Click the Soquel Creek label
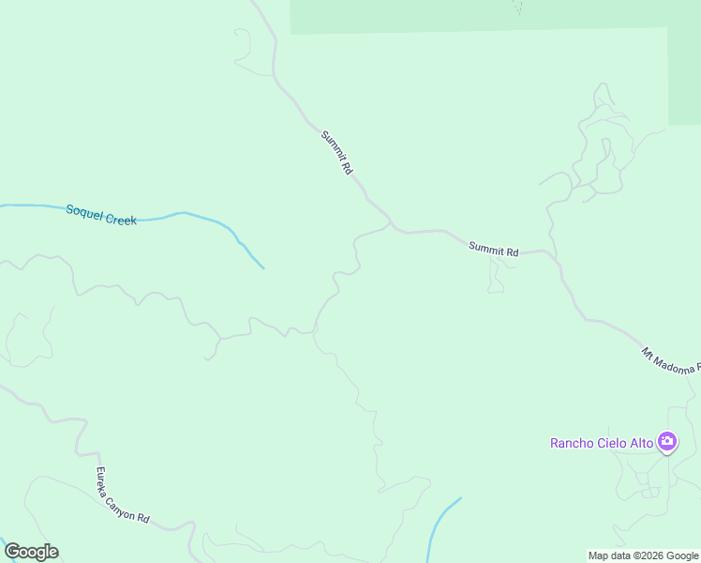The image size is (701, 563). coord(101,215)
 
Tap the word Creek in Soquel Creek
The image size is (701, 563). coord(121,219)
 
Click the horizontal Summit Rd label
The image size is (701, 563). coord(494,250)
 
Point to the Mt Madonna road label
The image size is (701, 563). coord(669,363)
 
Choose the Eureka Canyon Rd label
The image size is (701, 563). coord(123,495)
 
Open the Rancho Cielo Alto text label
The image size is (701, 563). coord(603,443)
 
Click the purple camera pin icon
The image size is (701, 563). coord(667,442)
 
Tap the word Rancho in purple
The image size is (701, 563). coord(572,443)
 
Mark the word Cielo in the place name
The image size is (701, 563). coord(610,443)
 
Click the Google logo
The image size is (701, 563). coord(31,552)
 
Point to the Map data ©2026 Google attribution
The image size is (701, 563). coord(643,555)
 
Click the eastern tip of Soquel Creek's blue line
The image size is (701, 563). coord(263,268)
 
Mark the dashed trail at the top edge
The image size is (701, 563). coord(517,8)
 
